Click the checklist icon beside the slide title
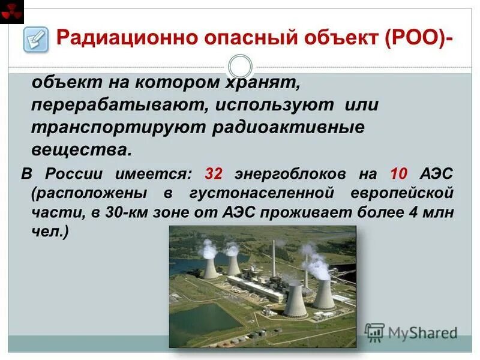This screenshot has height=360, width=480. pos(35,39)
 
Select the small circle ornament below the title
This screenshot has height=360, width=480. pos(240,66)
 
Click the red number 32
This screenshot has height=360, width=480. pos(214,174)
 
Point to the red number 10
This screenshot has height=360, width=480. pos(399,174)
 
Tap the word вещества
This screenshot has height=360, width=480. pos(80,149)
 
